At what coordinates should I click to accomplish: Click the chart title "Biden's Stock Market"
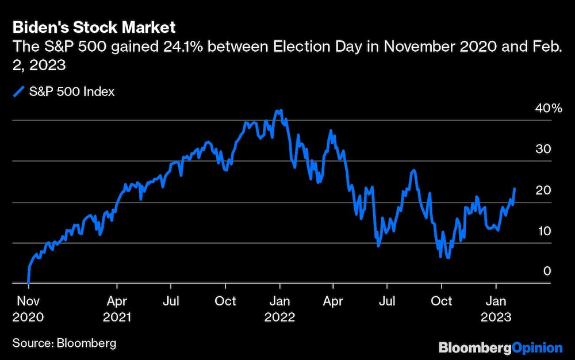point(94,26)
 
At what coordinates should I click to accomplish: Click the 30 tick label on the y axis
point(544,149)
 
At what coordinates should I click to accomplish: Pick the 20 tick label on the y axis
point(544,190)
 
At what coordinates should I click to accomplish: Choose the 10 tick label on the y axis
point(544,231)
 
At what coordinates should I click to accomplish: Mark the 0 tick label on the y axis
point(547,271)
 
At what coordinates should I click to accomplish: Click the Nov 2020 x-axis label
point(28,308)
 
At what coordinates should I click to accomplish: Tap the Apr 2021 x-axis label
point(117,308)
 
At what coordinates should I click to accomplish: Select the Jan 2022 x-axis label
point(279,308)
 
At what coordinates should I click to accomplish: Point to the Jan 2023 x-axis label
point(496,308)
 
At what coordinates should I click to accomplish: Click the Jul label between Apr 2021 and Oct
point(170,301)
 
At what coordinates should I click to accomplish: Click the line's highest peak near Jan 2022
point(279,110)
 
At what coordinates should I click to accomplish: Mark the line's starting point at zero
point(28,283)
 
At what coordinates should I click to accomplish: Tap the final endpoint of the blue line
point(515,188)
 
